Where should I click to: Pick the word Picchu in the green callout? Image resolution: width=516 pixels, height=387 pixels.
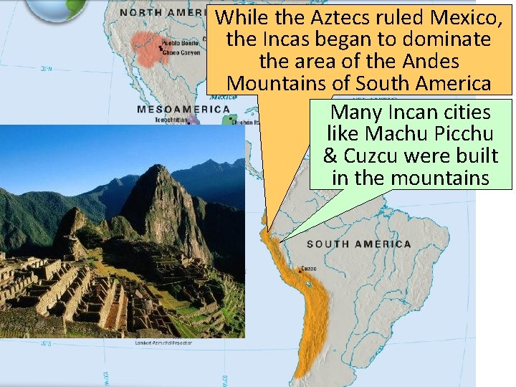pyautogui.click(x=462, y=134)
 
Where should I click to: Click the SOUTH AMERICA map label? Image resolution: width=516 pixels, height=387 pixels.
pyautogui.click(x=359, y=244)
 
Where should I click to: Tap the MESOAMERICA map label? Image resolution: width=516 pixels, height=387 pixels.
pyautogui.click(x=183, y=110)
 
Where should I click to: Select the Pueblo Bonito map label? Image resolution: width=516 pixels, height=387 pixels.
pyautogui.click(x=181, y=43)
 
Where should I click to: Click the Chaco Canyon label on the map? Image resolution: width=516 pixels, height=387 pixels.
pyautogui.click(x=181, y=52)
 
